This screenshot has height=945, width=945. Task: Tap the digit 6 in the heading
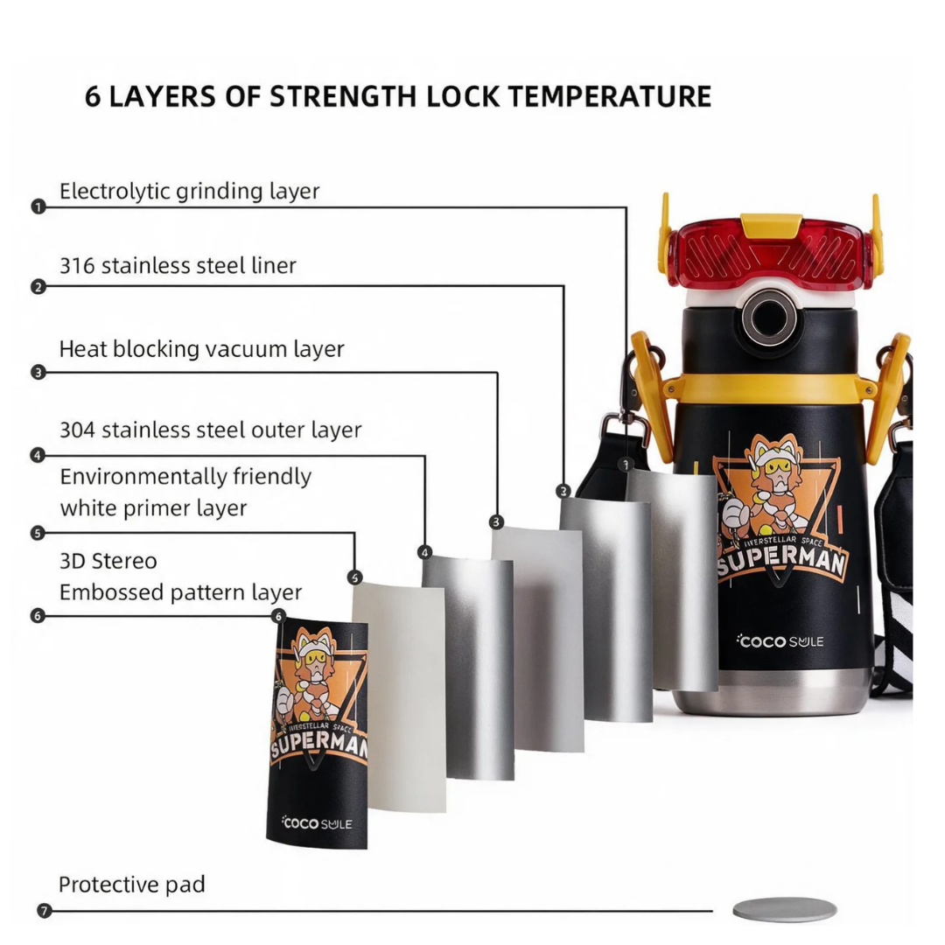tap(92, 96)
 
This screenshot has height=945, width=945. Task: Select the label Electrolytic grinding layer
tap(189, 191)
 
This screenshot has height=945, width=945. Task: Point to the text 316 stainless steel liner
tap(178, 265)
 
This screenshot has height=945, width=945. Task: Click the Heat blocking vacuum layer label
tap(202, 349)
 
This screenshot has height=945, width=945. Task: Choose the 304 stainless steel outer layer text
tap(210, 430)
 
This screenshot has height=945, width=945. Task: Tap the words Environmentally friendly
tap(185, 477)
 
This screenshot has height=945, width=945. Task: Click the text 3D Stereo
tap(108, 561)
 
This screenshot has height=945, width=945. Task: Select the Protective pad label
tap(132, 885)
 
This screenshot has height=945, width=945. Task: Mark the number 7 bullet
tap(44, 911)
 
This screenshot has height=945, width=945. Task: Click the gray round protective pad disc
tap(785, 909)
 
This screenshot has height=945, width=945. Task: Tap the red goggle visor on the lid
tap(771, 253)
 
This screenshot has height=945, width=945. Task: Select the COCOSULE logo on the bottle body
tap(780, 641)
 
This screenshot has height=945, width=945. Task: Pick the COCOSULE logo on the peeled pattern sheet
tap(317, 822)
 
